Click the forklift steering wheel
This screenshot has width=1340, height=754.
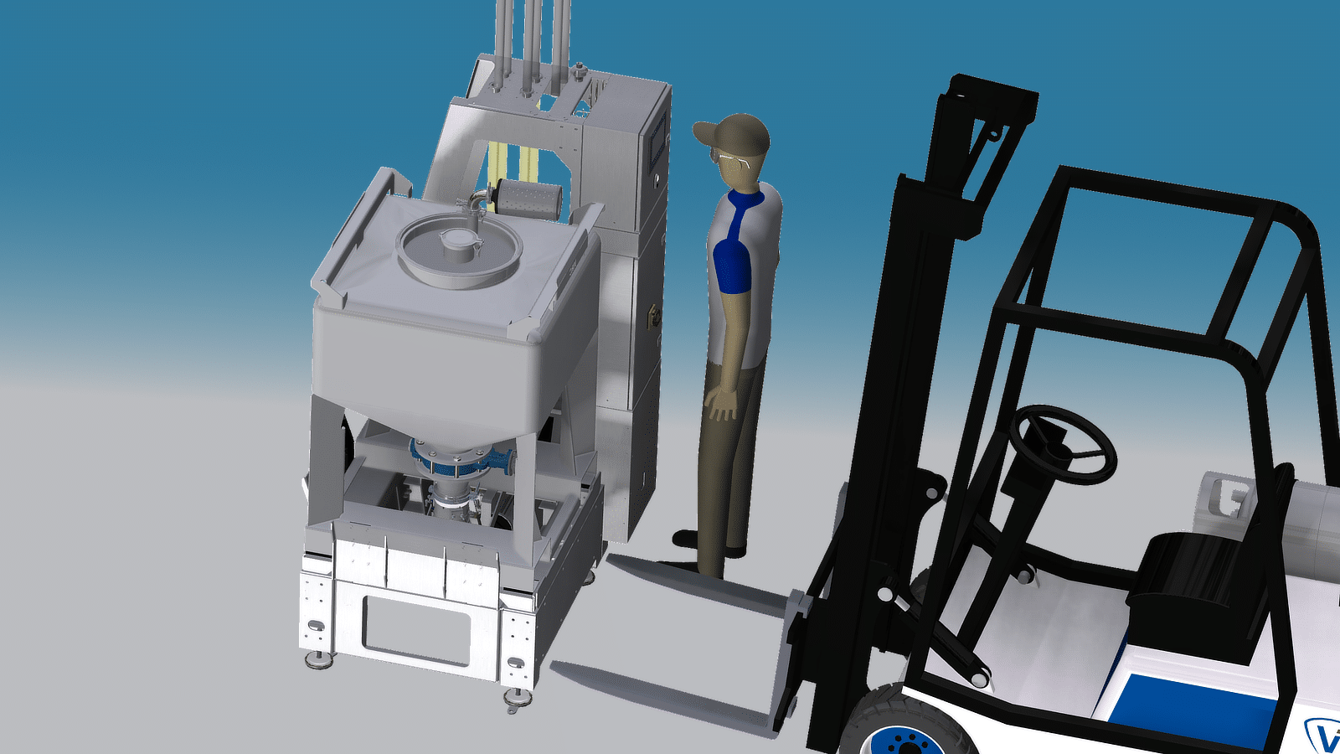click(x=1062, y=444)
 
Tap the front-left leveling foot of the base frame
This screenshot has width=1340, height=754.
click(x=318, y=660)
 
